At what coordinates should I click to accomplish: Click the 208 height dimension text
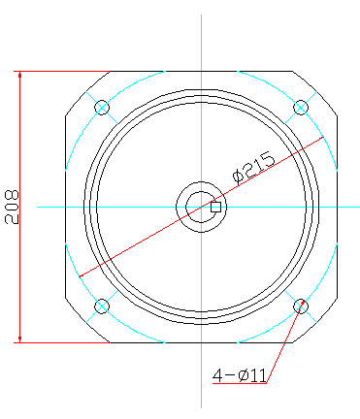(12, 207)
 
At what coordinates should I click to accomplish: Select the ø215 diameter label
(254, 169)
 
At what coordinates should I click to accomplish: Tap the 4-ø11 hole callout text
(240, 375)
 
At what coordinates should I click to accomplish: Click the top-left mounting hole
(102, 108)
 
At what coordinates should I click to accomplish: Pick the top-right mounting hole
(301, 108)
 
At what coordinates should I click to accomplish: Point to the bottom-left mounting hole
(102, 306)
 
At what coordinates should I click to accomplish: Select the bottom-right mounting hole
(301, 306)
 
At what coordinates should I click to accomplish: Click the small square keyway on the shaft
(215, 207)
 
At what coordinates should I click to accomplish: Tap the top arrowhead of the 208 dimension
(20, 75)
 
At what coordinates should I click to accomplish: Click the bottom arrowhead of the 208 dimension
(20, 338)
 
